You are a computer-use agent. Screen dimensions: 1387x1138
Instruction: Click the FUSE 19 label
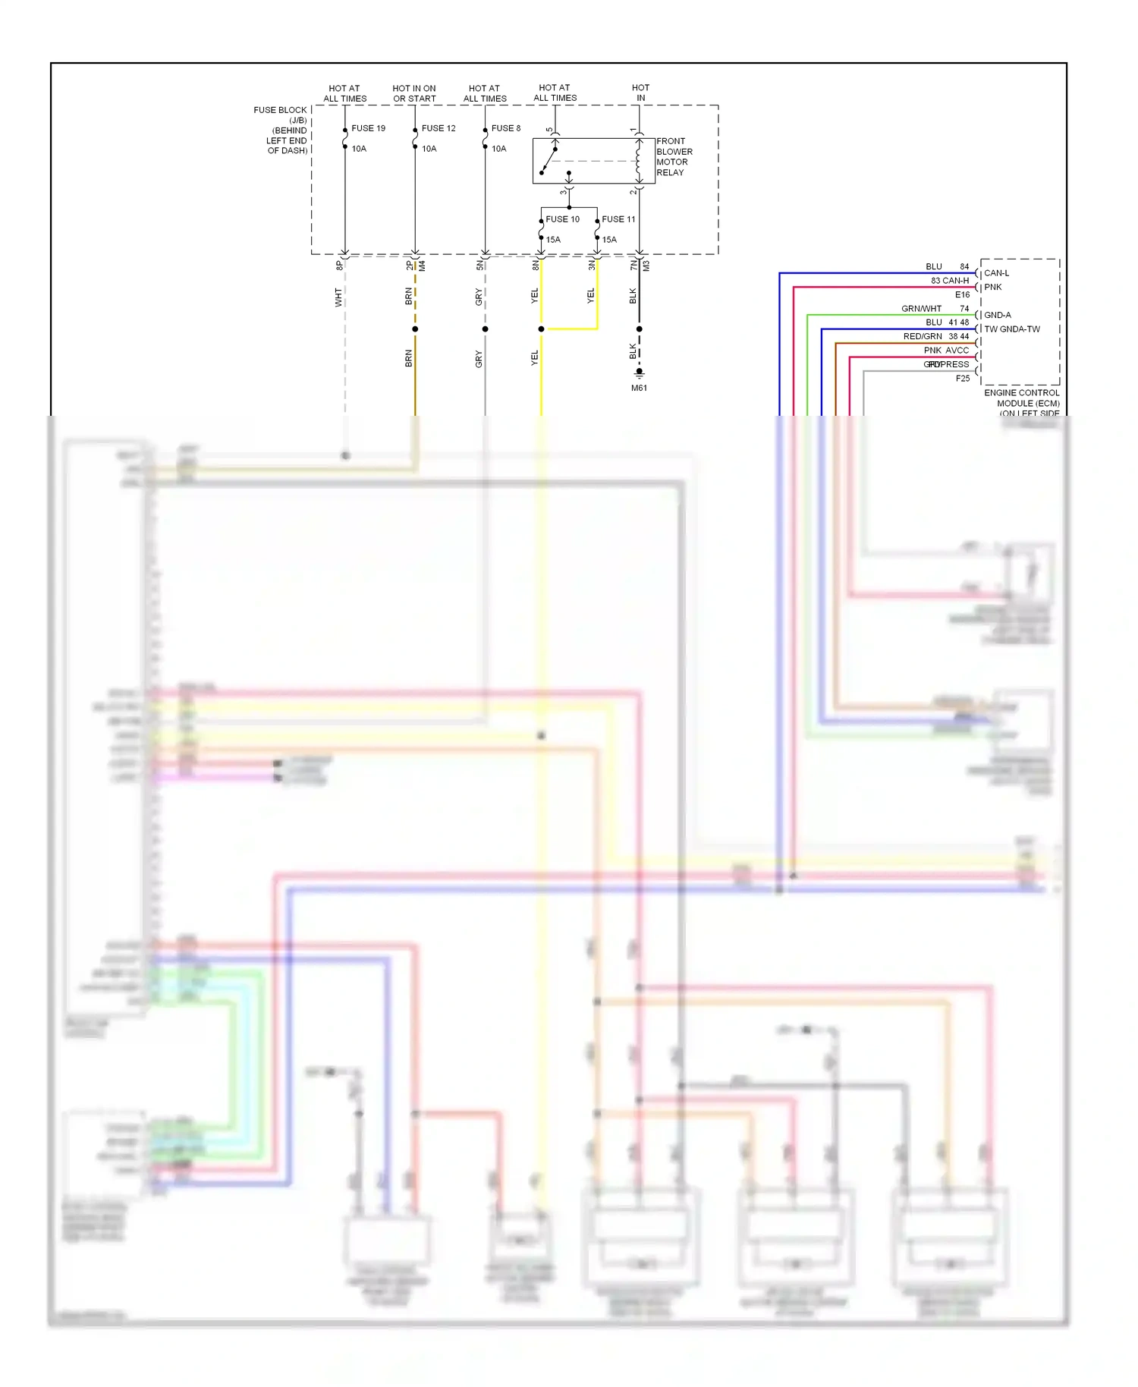click(368, 128)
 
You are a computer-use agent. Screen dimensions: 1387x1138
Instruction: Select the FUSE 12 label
click(439, 128)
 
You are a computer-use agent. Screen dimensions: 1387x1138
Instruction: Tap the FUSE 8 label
click(506, 128)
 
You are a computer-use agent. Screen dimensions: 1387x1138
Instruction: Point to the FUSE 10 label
click(562, 219)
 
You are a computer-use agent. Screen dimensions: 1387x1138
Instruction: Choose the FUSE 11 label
click(618, 219)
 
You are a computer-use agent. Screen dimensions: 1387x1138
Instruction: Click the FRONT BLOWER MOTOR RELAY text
click(674, 157)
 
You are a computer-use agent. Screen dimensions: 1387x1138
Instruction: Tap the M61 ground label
click(639, 388)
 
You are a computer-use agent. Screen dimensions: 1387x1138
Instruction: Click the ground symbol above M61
click(639, 374)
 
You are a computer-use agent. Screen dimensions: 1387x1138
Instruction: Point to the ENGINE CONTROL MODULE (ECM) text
click(1022, 398)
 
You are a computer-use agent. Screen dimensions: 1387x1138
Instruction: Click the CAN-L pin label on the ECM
click(996, 273)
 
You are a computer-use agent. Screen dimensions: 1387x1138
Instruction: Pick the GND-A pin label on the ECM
click(997, 315)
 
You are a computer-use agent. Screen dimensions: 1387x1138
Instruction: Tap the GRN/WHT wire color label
click(921, 309)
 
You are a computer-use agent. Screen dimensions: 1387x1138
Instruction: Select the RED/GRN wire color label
click(923, 336)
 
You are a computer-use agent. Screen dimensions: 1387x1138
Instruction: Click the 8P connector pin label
click(339, 265)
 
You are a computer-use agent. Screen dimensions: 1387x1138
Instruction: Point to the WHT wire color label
click(338, 297)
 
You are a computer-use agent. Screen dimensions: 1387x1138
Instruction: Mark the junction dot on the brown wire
click(415, 329)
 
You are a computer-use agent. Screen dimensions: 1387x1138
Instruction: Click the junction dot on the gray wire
click(485, 329)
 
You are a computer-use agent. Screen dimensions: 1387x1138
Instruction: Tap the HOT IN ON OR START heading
click(414, 93)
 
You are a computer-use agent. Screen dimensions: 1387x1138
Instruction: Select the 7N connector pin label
click(633, 265)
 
